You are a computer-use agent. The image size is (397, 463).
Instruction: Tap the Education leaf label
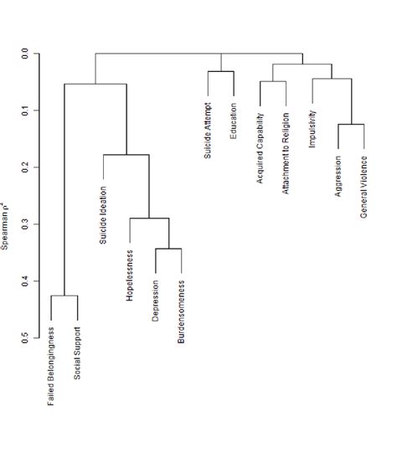point(234,121)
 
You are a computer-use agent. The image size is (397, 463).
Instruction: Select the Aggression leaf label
point(338,176)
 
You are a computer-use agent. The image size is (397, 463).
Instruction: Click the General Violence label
point(364,187)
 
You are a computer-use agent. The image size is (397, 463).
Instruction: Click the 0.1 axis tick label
point(25,111)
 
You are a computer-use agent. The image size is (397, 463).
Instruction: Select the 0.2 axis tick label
point(25,167)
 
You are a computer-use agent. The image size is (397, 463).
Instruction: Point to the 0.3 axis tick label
point(25,224)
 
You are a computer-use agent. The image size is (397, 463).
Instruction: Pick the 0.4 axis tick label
point(25,281)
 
